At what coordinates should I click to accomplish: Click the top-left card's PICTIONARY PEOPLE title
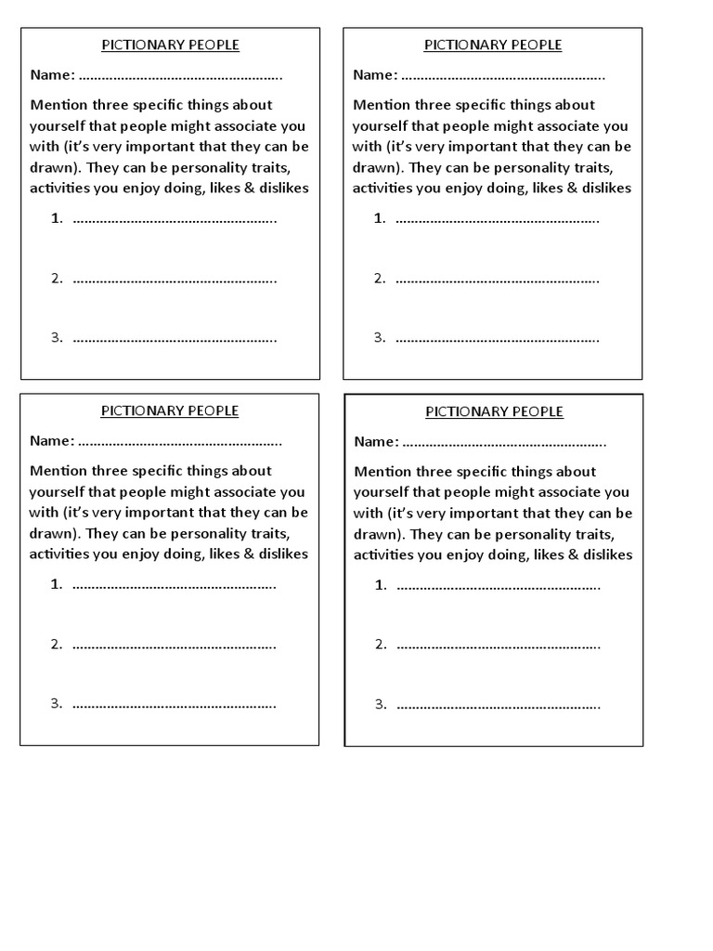170,45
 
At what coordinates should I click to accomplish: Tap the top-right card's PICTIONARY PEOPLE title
493,45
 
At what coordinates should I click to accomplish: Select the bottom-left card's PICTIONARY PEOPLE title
170,410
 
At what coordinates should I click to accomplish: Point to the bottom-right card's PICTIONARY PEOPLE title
494,411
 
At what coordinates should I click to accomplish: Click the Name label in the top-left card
51,75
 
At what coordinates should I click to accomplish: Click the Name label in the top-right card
374,75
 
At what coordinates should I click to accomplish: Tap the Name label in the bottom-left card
51,441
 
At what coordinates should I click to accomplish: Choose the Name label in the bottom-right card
376,442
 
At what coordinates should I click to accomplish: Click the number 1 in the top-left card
56,219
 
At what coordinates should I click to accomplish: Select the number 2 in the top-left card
56,278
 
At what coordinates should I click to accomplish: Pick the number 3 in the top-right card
379,337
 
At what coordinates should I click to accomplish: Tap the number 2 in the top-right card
379,278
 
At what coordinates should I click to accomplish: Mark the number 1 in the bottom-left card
56,584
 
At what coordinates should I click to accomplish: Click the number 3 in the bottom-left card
56,703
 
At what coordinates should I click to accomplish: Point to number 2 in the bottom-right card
380,645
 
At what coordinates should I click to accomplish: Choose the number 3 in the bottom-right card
380,704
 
